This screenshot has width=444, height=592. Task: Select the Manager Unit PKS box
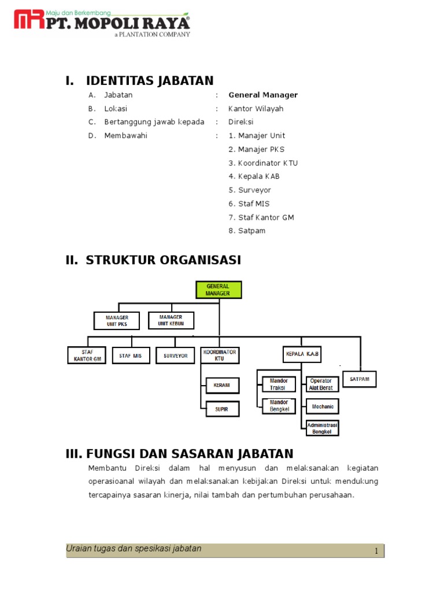coord(116,320)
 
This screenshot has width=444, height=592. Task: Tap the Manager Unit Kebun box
coord(171,320)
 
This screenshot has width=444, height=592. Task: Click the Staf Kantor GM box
coord(87,355)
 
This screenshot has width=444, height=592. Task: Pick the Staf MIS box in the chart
coord(131,356)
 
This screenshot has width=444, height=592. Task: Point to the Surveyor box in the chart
coord(175,356)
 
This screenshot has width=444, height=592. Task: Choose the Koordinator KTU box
coord(219,355)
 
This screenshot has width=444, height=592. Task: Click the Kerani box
coord(221,384)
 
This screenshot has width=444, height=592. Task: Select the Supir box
coord(221,409)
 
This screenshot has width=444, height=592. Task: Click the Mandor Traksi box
coord(278,384)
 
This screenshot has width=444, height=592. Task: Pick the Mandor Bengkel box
coord(278,406)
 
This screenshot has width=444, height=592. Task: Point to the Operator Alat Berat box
coord(321,384)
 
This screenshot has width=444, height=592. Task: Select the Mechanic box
coord(323,406)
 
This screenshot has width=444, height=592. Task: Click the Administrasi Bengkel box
coord(322,428)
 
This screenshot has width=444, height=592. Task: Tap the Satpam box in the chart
coord(360,379)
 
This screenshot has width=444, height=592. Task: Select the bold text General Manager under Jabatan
coord(263,95)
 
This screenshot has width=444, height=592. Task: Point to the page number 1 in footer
coord(376,552)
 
